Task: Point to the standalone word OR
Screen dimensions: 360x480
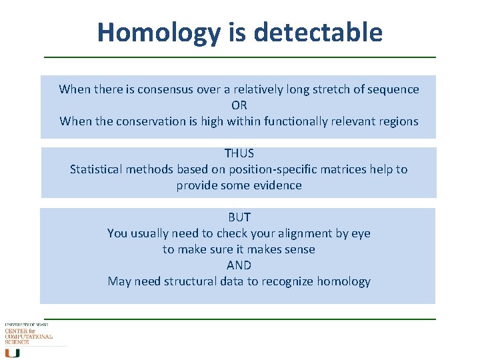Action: [x=239, y=105]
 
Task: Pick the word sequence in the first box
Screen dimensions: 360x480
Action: [x=394, y=89]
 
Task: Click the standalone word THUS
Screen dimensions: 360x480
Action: [x=239, y=153]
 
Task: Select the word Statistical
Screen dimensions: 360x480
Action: [x=98, y=169]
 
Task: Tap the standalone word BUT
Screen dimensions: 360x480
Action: [x=239, y=217]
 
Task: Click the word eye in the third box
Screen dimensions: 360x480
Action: [x=361, y=233]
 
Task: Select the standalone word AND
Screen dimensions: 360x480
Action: [x=239, y=265]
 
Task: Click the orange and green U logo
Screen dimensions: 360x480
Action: [x=12, y=353]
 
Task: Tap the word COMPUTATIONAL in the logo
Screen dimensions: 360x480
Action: [x=29, y=337]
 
